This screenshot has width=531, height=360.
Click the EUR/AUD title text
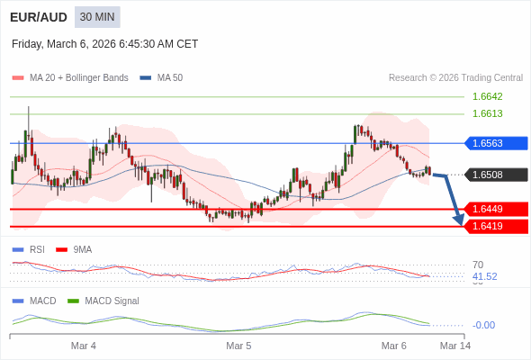[x=38, y=17]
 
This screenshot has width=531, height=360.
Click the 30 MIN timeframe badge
[x=97, y=17]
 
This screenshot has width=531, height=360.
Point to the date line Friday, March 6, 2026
[x=104, y=44]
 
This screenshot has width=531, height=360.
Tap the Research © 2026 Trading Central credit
[x=455, y=78]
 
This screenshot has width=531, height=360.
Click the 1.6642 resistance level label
[x=487, y=96]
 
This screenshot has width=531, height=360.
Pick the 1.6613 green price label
[x=487, y=113]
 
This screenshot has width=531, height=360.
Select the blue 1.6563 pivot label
[x=496, y=143]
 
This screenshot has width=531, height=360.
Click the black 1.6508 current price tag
[x=496, y=175]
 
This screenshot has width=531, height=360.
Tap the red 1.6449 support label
[x=496, y=209]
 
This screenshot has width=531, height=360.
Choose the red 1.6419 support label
[x=496, y=226]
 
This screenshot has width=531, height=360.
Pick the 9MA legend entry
[x=82, y=249]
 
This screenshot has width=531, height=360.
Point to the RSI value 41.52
[x=484, y=276]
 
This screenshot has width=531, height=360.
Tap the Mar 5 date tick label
[x=238, y=346]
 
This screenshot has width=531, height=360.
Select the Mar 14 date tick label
[x=454, y=346]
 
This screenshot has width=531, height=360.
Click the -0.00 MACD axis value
[x=483, y=325]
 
